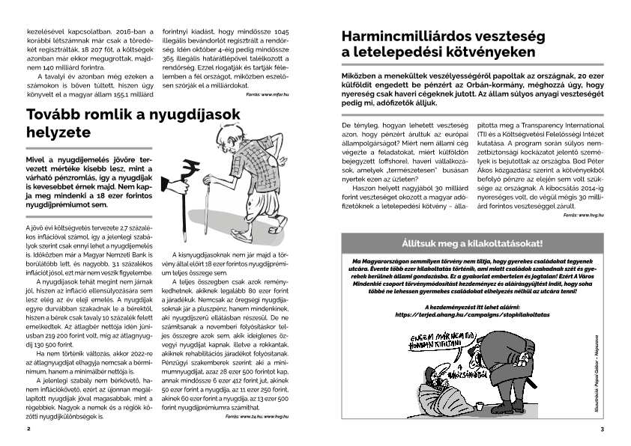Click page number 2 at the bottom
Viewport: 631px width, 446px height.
pyautogui.click(x=28, y=429)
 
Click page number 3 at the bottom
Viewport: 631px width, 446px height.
pyautogui.click(x=602, y=429)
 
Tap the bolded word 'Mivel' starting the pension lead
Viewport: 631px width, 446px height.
pyautogui.click(x=38, y=161)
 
